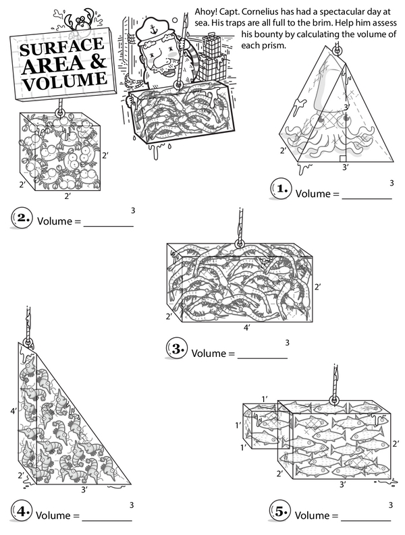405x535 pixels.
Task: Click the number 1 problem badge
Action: coord(283,190)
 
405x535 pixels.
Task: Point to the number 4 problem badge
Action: coord(22,512)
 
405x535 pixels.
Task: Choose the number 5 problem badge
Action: coord(281,512)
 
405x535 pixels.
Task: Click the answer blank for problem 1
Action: coord(367,196)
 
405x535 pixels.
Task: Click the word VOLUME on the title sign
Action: coord(65,83)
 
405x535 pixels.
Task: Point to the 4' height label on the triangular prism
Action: coord(13,410)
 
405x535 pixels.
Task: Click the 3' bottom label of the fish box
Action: coord(343,484)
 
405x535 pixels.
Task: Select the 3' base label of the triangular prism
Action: coord(84,489)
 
